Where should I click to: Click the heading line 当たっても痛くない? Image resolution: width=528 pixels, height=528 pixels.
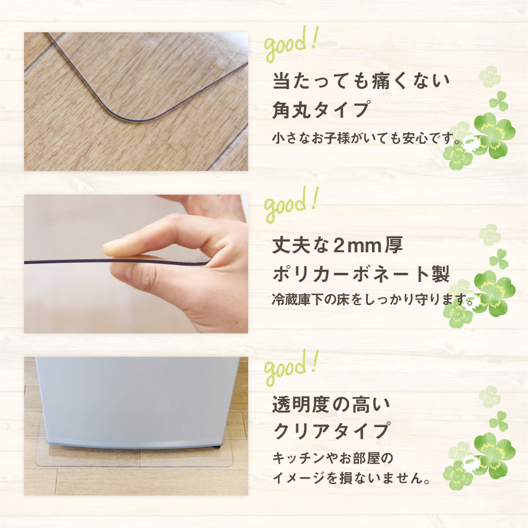(x=360, y=81)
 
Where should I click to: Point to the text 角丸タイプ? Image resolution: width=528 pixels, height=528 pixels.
(x=321, y=110)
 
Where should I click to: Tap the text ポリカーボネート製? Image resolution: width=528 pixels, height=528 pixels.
(x=361, y=275)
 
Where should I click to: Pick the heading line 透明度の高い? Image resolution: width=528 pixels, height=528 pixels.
(x=331, y=404)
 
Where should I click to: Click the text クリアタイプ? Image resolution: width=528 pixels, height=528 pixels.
(x=331, y=431)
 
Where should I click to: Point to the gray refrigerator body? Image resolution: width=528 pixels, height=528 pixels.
(x=135, y=399)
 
